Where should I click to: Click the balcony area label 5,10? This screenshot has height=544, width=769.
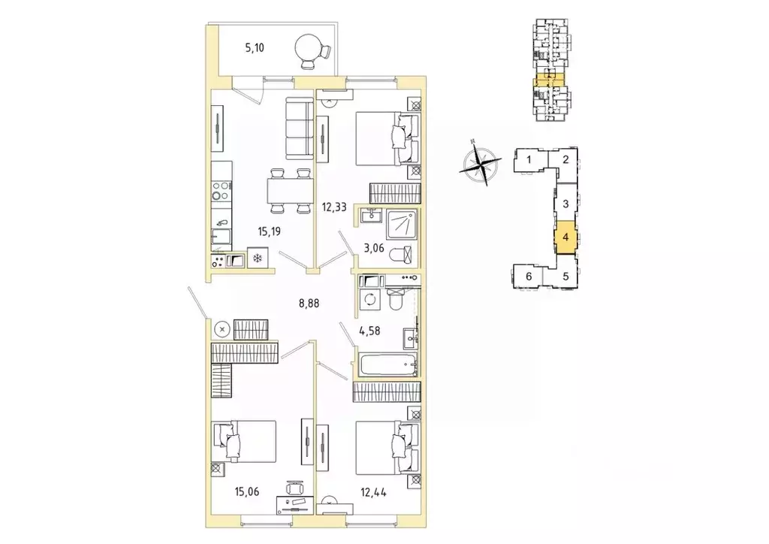(255, 47)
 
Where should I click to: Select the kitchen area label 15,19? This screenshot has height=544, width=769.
(270, 231)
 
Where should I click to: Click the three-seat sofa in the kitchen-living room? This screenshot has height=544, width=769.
(299, 128)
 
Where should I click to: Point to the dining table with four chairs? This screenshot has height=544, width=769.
(290, 191)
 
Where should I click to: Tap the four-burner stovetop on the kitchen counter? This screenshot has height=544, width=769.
(222, 191)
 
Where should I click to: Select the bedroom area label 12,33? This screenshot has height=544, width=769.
(334, 207)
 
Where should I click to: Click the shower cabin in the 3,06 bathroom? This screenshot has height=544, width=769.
(402, 225)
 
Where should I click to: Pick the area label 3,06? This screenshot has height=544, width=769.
(374, 248)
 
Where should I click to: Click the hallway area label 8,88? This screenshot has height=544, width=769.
(309, 303)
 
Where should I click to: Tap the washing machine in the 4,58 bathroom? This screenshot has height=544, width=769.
(369, 299)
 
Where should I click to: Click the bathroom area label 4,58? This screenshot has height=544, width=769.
(369, 331)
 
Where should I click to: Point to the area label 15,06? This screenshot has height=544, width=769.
(246, 491)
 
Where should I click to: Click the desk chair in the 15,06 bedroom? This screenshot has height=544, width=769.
(294, 488)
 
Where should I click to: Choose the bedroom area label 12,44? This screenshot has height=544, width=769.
(374, 491)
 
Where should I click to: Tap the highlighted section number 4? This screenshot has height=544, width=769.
(565, 237)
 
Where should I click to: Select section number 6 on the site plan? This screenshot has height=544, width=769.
(529, 277)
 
